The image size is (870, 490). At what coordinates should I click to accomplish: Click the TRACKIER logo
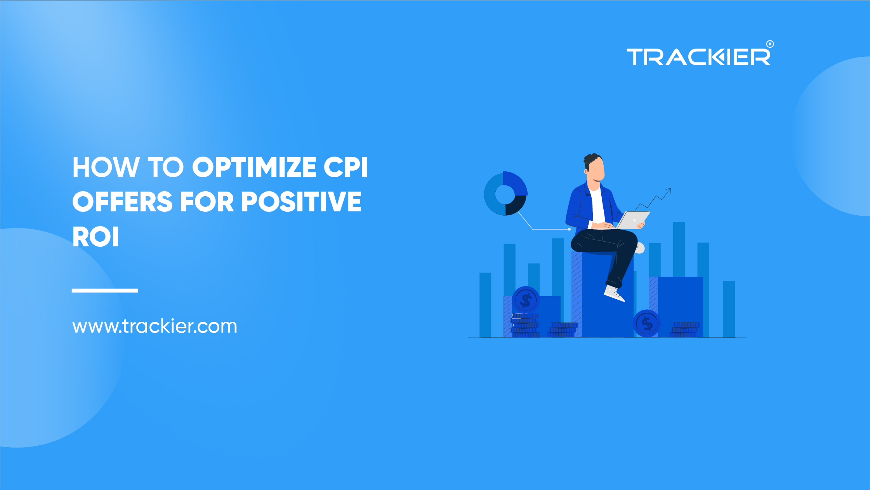(x=698, y=57)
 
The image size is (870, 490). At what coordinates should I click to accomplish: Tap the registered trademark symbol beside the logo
(x=770, y=44)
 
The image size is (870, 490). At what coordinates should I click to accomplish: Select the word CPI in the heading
(x=346, y=167)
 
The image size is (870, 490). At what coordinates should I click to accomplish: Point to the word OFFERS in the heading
(x=122, y=202)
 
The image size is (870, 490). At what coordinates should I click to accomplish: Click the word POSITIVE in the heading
(x=301, y=202)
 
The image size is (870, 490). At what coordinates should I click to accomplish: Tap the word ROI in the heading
(x=96, y=237)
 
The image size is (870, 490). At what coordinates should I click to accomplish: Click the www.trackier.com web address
(x=155, y=326)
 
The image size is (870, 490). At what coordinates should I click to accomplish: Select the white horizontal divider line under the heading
(x=105, y=290)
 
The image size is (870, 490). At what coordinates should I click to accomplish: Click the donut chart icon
(x=505, y=194)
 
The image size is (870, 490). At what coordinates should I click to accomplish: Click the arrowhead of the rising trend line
(x=669, y=190)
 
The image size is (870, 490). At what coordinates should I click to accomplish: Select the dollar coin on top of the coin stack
(x=526, y=300)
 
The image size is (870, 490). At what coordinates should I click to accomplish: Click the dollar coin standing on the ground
(x=647, y=323)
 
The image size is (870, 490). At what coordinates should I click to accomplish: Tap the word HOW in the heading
(x=106, y=167)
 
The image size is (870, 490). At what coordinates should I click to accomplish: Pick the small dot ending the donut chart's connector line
(x=569, y=229)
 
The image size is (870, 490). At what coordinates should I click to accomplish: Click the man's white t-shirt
(x=598, y=206)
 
